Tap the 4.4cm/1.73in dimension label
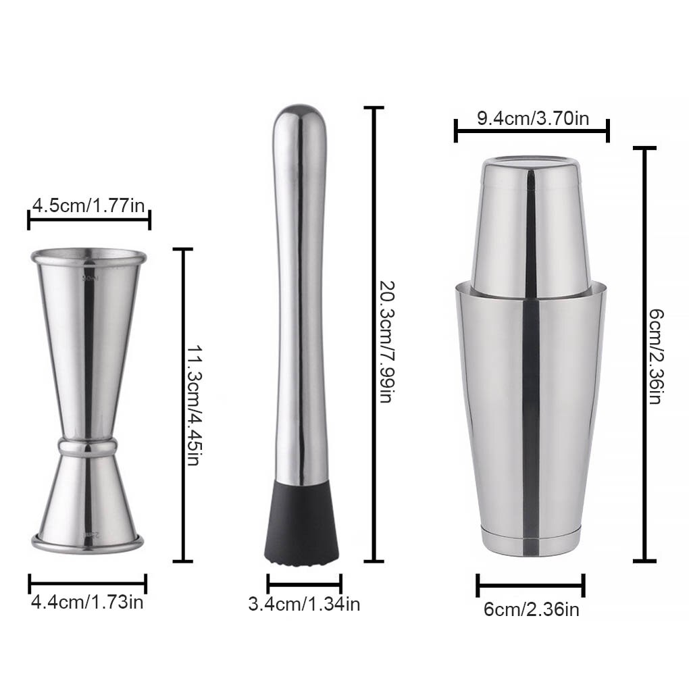click(87, 601)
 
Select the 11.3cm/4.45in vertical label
click(193, 405)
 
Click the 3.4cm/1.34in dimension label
click(304, 603)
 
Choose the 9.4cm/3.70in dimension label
click(533, 119)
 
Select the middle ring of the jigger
click(87, 445)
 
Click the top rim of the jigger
click(88, 257)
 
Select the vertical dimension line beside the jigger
click(178, 405)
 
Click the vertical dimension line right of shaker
click(644, 354)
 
